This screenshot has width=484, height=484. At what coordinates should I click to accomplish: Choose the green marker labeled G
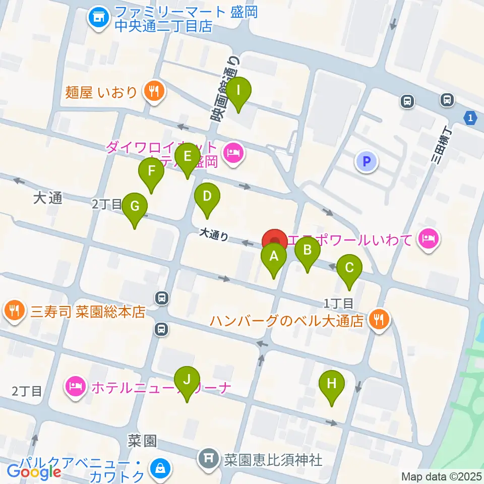(x=135, y=207)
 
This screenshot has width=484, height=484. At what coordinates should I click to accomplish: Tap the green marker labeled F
(x=151, y=172)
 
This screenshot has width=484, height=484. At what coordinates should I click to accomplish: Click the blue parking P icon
(x=367, y=161)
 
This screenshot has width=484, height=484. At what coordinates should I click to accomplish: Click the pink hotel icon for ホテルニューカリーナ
(x=75, y=387)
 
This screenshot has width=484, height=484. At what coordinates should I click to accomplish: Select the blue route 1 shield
(x=470, y=117)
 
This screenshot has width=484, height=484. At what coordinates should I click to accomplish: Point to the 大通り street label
(x=214, y=234)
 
